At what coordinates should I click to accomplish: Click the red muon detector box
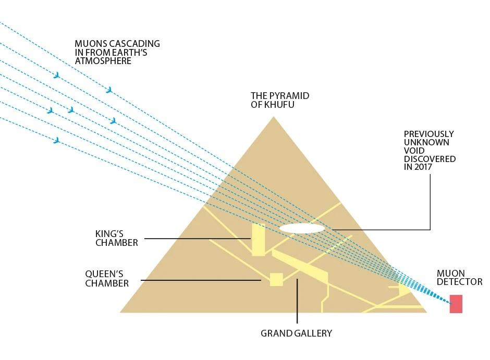[456, 304]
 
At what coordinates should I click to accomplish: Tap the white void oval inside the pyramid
[302, 228]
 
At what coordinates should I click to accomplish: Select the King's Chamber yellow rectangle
[259, 240]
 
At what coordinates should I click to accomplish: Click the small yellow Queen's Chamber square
[276, 279]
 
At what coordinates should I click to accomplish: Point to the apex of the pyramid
[273, 117]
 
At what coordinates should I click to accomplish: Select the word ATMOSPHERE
[103, 61]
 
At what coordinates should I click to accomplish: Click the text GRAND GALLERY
[296, 333]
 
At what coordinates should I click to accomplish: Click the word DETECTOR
[459, 282]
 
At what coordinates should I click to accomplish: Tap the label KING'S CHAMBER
[117, 239]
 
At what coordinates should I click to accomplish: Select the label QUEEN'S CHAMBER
[107, 279]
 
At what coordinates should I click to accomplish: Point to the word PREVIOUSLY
[429, 134]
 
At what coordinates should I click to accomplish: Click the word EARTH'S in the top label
[140, 53]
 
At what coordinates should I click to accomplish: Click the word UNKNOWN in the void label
[426, 142]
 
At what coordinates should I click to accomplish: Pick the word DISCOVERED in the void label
[430, 159]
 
